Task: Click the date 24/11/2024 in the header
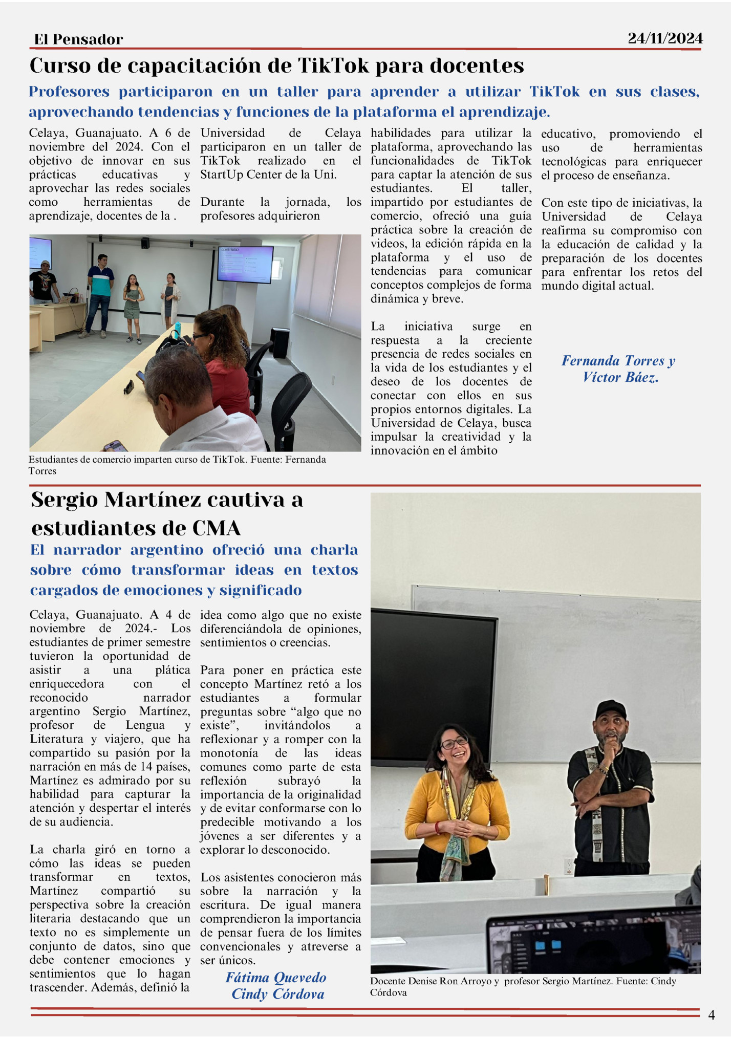665,38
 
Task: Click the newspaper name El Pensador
78,39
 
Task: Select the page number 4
711,1014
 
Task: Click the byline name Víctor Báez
620,378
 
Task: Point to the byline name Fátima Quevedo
276,978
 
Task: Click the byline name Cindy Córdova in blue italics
278,994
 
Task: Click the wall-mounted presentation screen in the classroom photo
245,264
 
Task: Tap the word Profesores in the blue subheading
69,92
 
